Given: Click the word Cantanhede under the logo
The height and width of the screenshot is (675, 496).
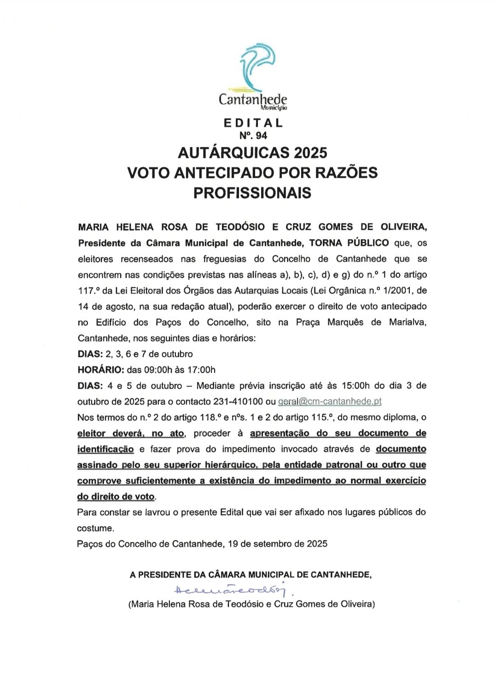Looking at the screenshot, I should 252,99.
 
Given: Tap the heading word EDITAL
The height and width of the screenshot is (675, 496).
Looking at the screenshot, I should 253,123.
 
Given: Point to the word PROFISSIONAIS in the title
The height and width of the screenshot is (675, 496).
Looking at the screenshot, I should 252,193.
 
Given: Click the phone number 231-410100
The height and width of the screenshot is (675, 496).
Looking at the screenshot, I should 238,401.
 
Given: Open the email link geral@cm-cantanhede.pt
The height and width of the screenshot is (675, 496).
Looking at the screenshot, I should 330,401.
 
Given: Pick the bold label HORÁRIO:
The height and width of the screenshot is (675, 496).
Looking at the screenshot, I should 100,370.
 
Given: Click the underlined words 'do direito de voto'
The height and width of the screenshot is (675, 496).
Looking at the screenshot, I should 116,497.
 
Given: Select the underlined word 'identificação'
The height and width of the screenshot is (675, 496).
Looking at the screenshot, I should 105,449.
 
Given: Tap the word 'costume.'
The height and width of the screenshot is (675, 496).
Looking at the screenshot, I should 95,528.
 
